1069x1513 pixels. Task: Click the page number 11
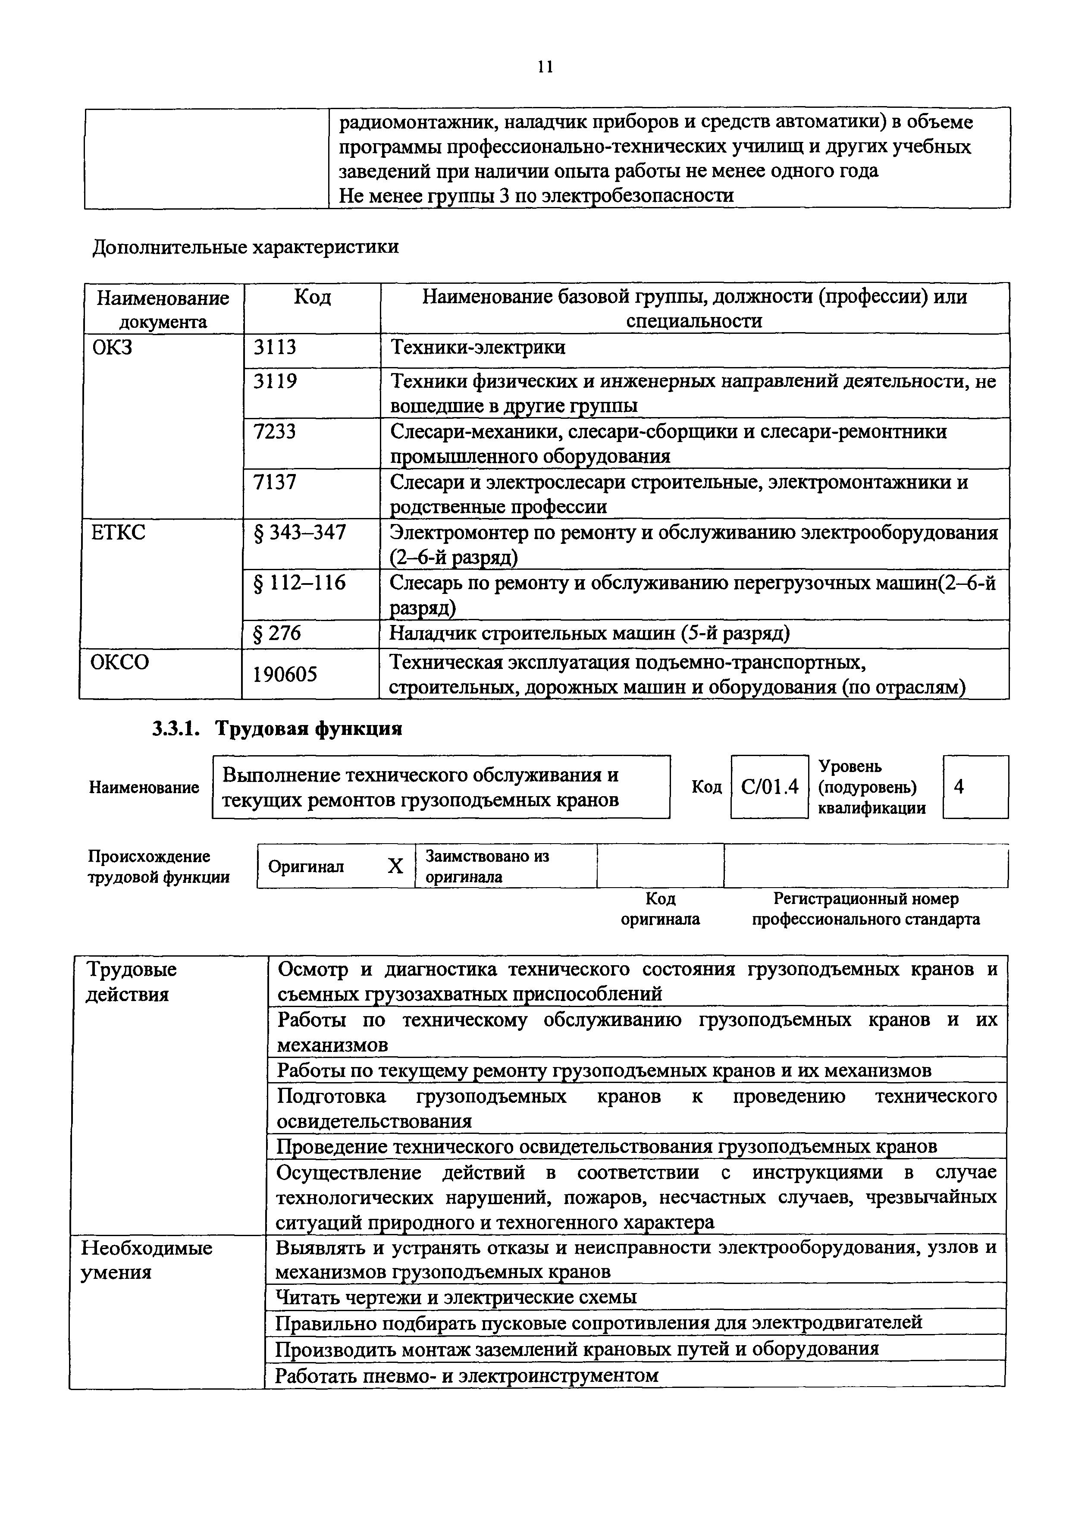[x=545, y=66]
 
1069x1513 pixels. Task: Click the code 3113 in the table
[x=275, y=347]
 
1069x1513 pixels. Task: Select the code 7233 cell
[x=275, y=432]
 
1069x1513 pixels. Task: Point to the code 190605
[x=285, y=674]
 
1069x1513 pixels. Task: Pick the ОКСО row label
[x=120, y=662]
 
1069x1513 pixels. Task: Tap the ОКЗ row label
[x=113, y=347]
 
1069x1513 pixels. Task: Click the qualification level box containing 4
[x=975, y=787]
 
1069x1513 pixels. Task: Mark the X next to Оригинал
[x=395, y=866]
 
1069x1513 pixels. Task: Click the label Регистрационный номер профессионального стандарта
[x=865, y=909]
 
